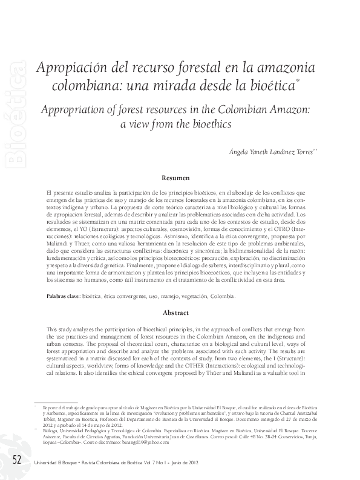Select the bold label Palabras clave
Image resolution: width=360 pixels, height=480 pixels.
coord(63,297)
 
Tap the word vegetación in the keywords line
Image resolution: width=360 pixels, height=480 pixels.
coord(190,297)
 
